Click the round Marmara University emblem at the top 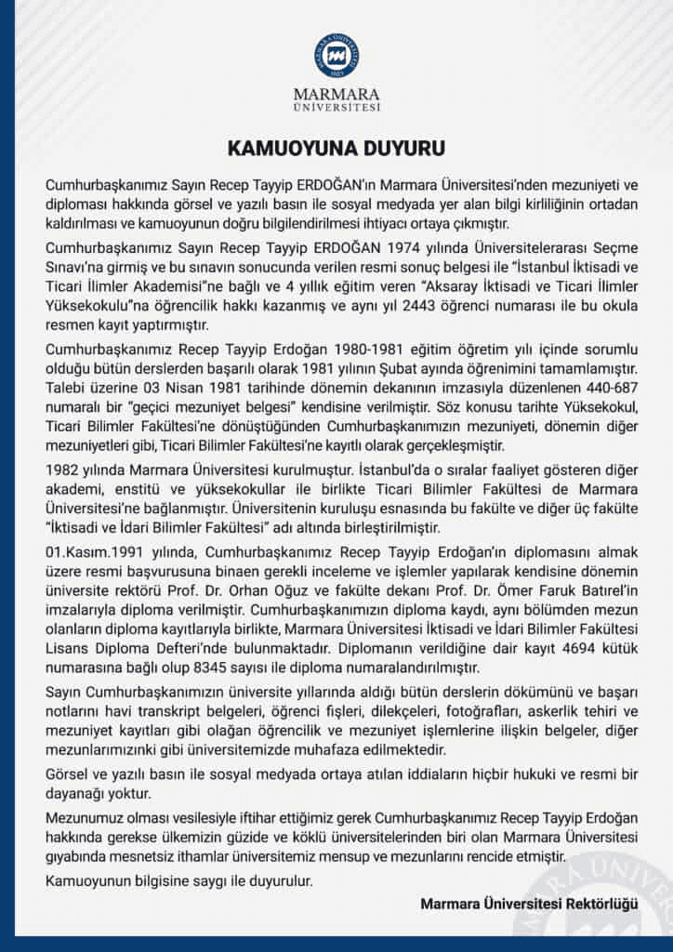coord(336,54)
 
